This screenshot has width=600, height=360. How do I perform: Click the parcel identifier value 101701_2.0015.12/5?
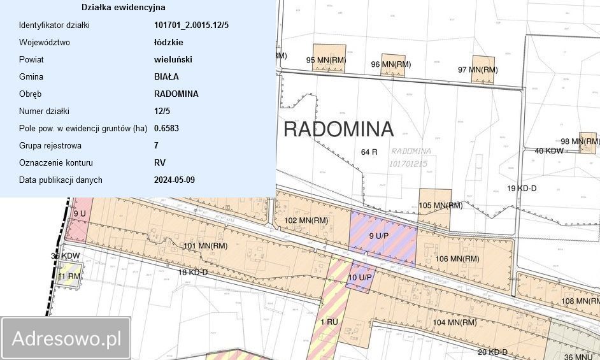click(191, 25)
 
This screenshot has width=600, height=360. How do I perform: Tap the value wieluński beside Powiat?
click(173, 60)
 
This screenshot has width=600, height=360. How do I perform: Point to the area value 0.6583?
click(166, 128)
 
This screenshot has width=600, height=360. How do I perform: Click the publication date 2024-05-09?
click(175, 180)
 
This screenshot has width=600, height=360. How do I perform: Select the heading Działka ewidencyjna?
click(124, 8)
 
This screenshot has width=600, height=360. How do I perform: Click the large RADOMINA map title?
click(338, 129)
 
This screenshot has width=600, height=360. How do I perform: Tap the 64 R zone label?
click(369, 152)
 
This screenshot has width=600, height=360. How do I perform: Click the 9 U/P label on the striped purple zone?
click(381, 236)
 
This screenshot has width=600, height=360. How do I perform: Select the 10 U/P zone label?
click(360, 277)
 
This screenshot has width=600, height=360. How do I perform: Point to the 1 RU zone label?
click(329, 322)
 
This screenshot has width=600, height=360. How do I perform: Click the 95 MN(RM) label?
click(326, 61)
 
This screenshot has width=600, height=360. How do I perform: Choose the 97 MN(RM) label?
click(478, 69)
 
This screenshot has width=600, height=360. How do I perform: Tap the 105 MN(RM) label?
click(440, 205)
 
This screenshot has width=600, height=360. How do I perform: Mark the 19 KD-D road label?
click(522, 189)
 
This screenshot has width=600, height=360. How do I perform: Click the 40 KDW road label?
click(548, 151)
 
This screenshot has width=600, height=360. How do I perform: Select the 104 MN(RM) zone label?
click(455, 322)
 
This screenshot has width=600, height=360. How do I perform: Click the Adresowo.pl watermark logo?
click(66, 338)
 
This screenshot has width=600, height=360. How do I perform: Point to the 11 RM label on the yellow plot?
click(68, 277)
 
